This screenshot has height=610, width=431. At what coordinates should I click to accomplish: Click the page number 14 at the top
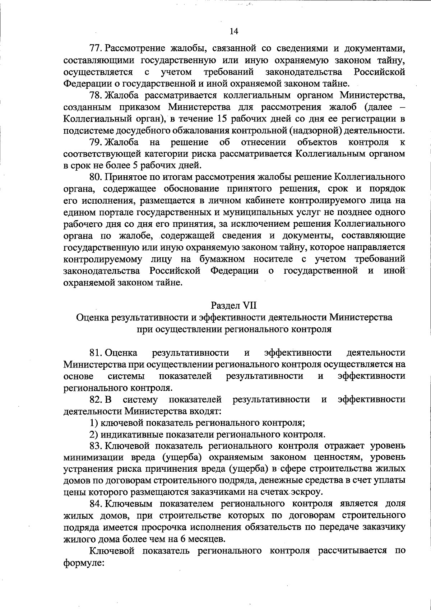click(233, 31)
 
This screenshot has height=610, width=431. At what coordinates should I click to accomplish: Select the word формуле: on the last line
click(84, 563)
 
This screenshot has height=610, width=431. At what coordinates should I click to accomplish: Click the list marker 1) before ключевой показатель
click(94, 422)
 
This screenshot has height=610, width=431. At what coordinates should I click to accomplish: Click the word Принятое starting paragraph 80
click(124, 177)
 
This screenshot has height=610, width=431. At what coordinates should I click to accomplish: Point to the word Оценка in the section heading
click(93, 318)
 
